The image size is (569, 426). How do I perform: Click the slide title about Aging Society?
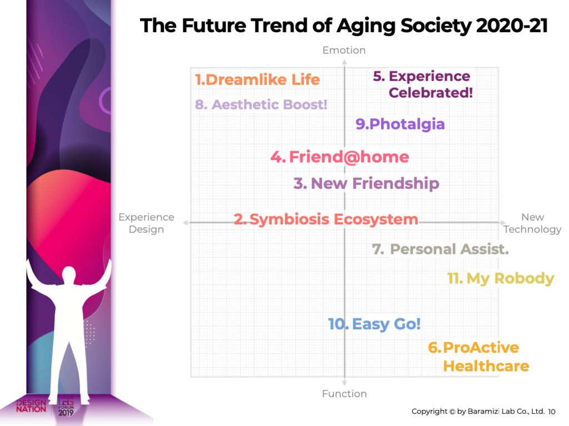344,26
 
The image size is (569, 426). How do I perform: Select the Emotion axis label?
344,51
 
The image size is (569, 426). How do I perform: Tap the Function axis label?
344,394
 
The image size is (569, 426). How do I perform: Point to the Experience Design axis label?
146,223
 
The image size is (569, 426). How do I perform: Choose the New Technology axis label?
532,223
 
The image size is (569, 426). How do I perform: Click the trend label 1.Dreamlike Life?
257,79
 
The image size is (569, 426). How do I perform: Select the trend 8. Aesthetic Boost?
261,104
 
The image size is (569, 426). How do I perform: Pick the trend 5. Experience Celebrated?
423,84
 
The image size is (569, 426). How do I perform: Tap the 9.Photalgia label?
400,124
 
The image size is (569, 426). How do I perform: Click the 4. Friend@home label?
340,157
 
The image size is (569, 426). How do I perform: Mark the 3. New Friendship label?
366,183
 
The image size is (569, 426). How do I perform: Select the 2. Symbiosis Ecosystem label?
326,219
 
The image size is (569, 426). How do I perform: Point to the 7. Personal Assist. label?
440,249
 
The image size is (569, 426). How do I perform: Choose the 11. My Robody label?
501,278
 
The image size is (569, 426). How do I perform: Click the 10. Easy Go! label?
374,324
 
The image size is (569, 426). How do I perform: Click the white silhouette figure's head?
68,274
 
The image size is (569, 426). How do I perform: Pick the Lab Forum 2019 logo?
66,407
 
